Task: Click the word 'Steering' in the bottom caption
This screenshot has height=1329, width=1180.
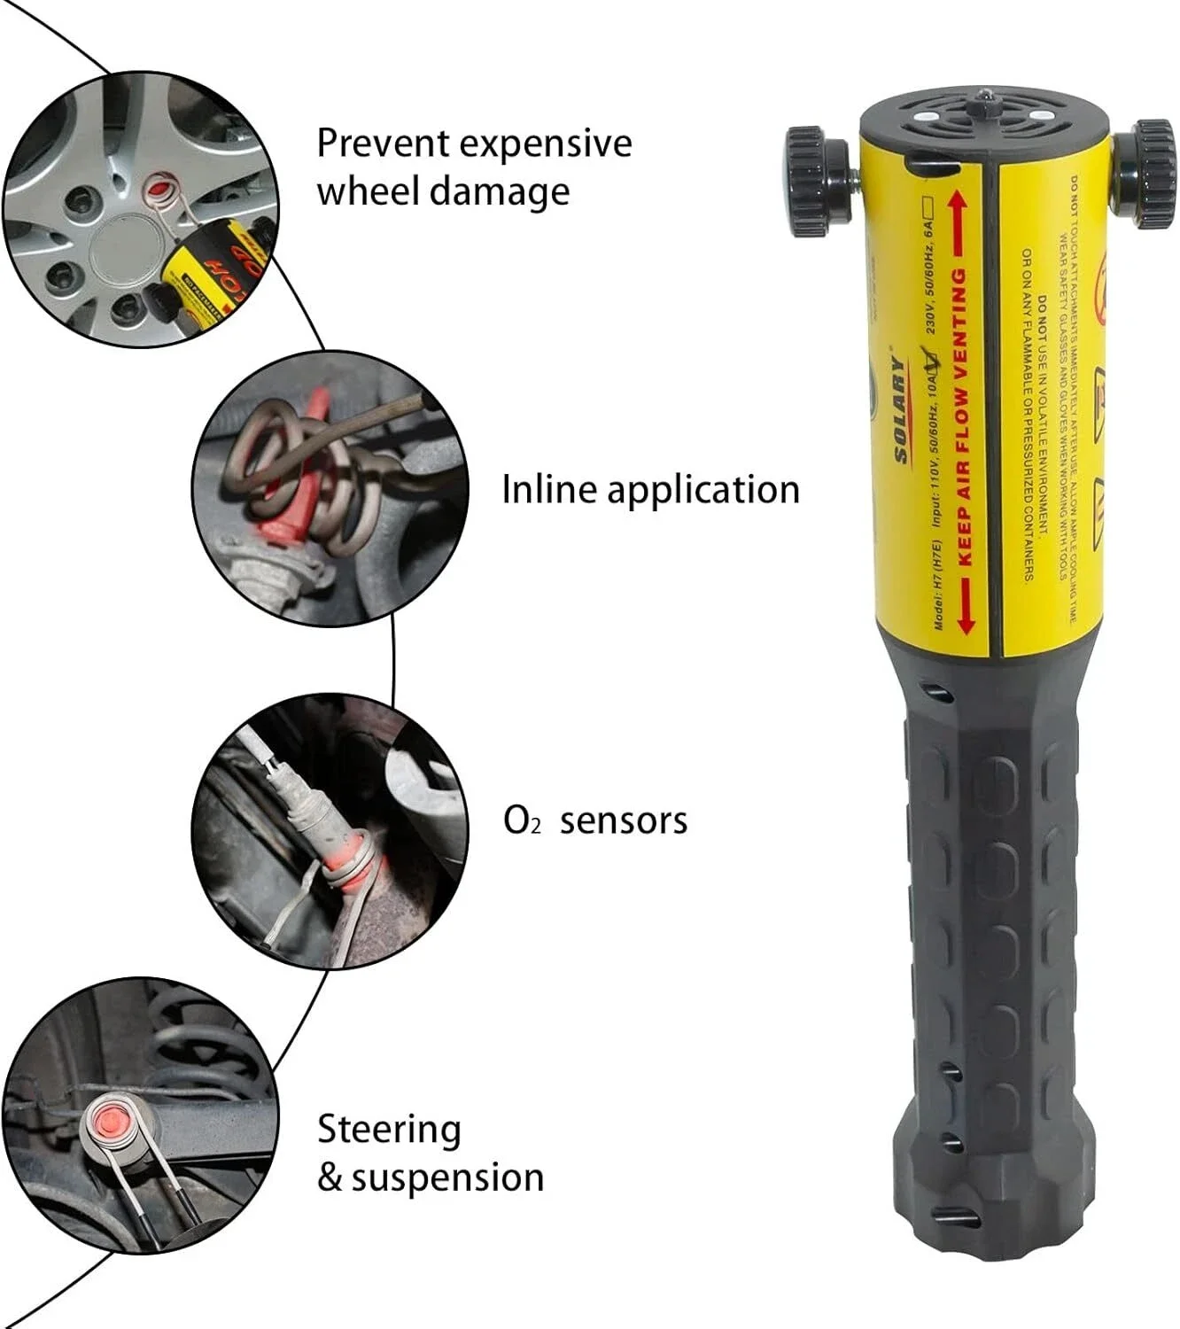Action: pos(389,1131)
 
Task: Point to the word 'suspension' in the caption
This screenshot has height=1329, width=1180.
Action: pos(447,1177)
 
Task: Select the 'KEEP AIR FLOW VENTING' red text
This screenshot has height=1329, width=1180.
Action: pos(962,416)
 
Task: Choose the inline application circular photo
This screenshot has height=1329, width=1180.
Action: pos(330,488)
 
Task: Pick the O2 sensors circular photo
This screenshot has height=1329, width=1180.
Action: pos(330,830)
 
